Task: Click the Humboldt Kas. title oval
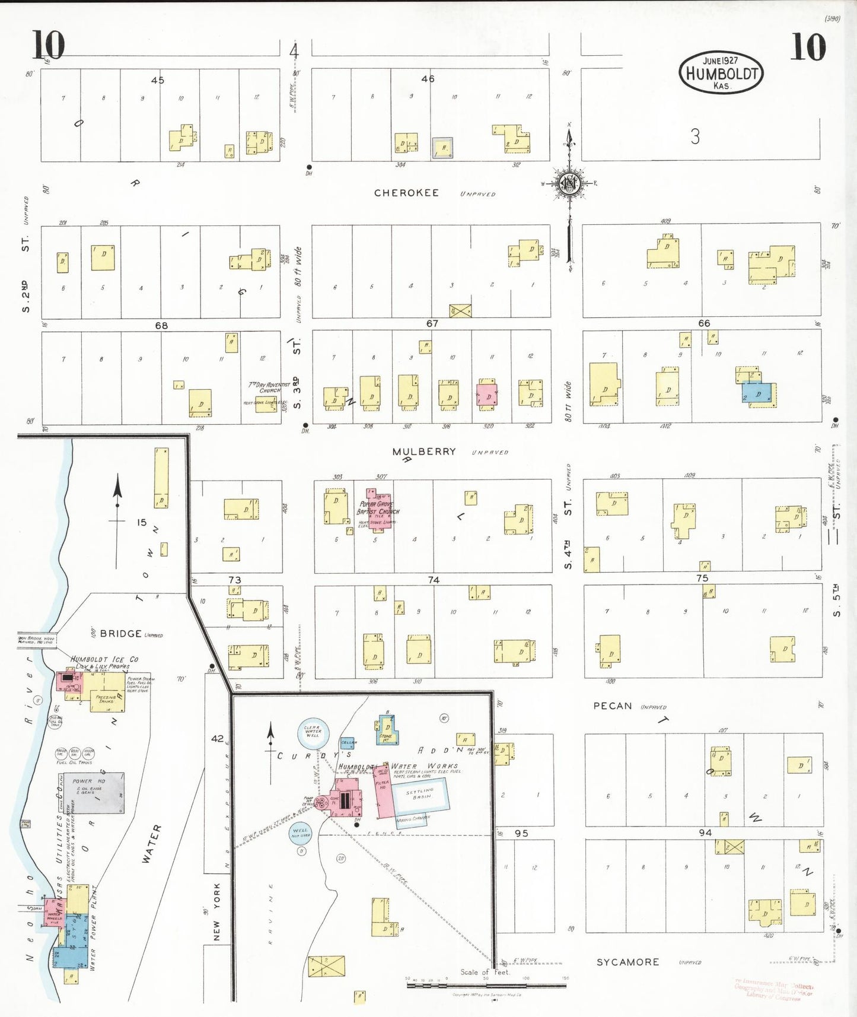721,72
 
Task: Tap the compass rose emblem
569,183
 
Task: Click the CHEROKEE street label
406,193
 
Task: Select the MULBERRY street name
424,452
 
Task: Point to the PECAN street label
613,705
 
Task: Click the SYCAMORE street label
627,962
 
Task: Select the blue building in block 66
759,394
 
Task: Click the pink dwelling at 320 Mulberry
487,395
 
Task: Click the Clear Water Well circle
313,731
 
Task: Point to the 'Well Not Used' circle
301,832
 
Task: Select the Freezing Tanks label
106,700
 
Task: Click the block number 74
434,580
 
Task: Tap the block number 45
157,80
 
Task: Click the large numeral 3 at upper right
695,137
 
